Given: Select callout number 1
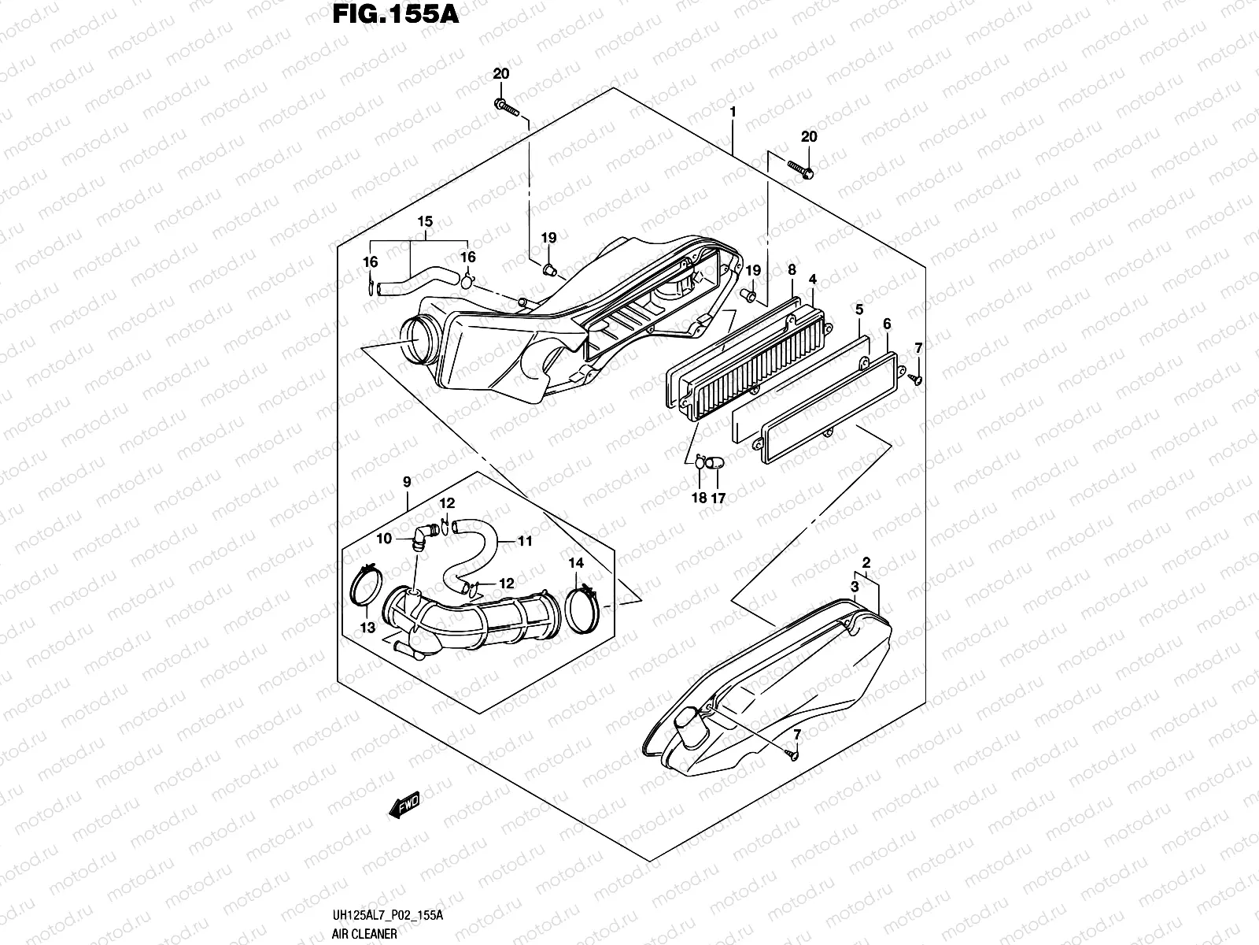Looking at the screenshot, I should point(733,113).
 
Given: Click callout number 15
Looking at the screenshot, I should point(425,223).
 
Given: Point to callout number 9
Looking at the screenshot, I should point(407,482).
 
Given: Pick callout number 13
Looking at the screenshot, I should point(367,627).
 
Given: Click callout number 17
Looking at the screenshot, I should point(718,498).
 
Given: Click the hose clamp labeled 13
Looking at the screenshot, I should point(367,587).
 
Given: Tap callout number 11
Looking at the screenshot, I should point(526,541).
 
